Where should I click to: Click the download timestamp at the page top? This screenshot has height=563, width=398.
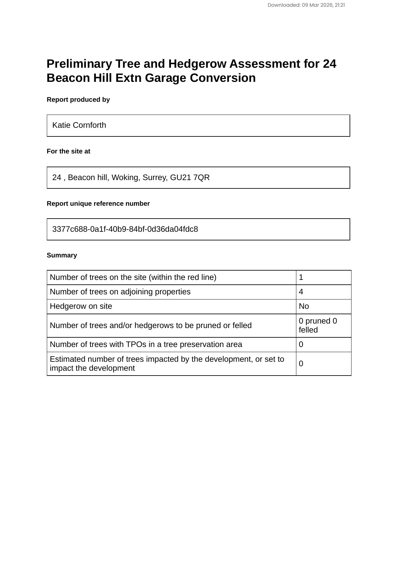pyautogui.click(x=306, y=5)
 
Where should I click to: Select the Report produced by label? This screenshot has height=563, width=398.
pyautogui.click(x=78, y=100)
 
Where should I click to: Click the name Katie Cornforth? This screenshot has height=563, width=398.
pyautogui.click(x=79, y=125)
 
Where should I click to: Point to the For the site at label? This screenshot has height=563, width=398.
pyautogui.click(x=68, y=151)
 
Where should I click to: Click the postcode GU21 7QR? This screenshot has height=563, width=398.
pyautogui.click(x=190, y=178)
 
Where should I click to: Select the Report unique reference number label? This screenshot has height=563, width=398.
pyautogui.click(x=98, y=204)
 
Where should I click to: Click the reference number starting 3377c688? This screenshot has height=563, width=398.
pyautogui.click(x=125, y=229)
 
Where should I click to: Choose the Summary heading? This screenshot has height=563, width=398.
pyautogui.click(x=62, y=255)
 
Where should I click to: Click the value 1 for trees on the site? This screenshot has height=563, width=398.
pyautogui.click(x=301, y=277)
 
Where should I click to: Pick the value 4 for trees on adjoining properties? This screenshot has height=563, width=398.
pyautogui.click(x=301, y=292)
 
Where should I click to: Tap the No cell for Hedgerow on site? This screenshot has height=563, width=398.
pyautogui.click(x=304, y=306)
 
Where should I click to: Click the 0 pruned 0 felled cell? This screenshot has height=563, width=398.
pyautogui.click(x=318, y=325)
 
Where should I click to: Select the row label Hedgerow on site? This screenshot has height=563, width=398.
pyautogui.click(x=81, y=306)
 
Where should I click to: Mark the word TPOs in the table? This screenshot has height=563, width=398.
pyautogui.click(x=136, y=344)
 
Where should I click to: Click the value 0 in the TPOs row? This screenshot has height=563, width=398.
pyautogui.click(x=301, y=344)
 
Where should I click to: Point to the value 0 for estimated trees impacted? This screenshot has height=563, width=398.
pyautogui.click(x=301, y=364)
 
